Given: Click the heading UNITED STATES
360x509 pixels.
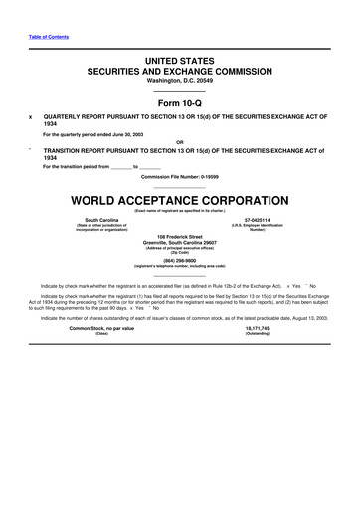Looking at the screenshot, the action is [179, 62].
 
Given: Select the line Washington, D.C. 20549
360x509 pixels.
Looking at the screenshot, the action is [179, 83].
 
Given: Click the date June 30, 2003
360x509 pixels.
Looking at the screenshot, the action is [124, 133].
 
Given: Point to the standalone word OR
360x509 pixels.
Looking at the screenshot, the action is [179, 141].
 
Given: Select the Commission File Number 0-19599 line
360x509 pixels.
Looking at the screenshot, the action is [179, 176].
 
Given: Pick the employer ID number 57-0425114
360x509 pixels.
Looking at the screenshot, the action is [257, 218].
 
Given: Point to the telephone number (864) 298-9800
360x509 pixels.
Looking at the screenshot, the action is [179, 261].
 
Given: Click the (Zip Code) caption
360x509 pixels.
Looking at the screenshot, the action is [179, 254].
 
